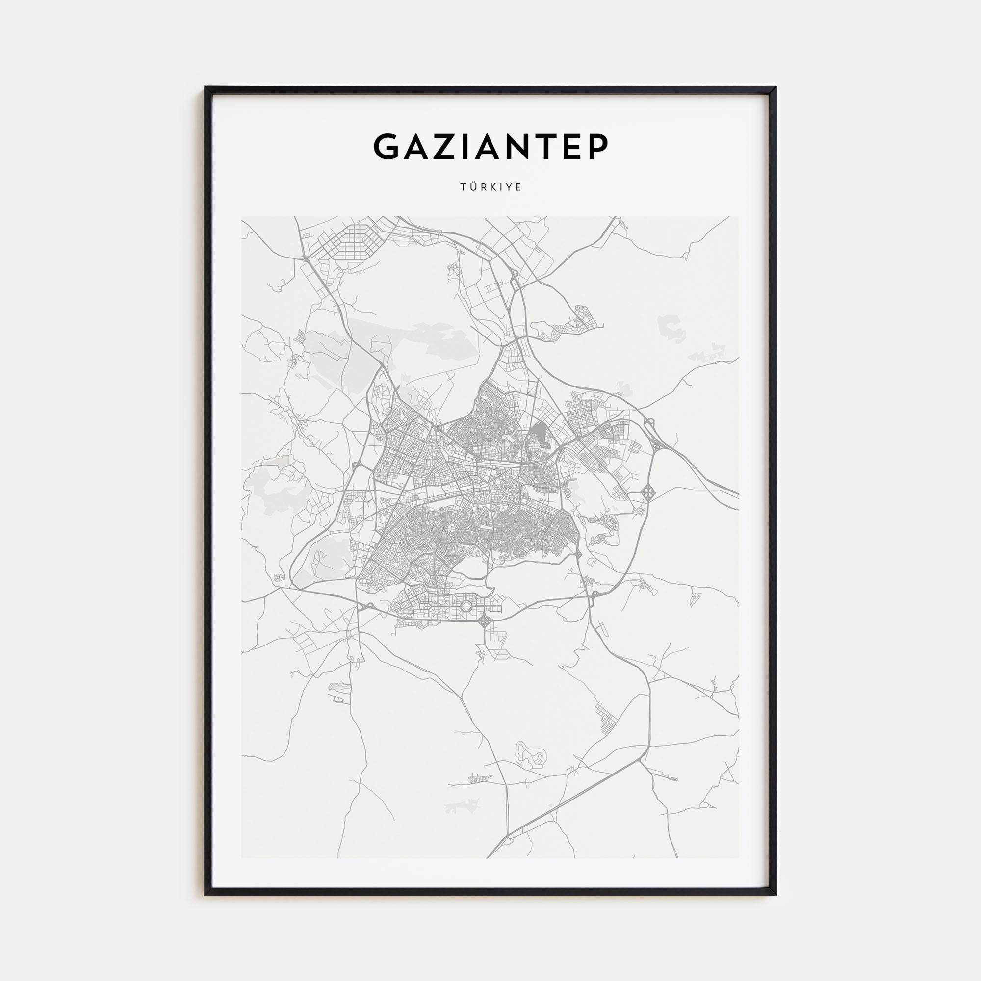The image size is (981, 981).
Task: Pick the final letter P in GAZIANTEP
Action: [597, 147]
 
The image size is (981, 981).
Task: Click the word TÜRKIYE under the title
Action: [490, 187]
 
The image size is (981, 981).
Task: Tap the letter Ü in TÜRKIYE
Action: [472, 187]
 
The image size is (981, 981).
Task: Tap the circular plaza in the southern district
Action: [465, 605]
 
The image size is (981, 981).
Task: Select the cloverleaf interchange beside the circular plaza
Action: [484, 620]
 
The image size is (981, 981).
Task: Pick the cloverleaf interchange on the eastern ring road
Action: [648, 491]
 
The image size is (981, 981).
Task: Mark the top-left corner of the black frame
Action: [206, 88]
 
